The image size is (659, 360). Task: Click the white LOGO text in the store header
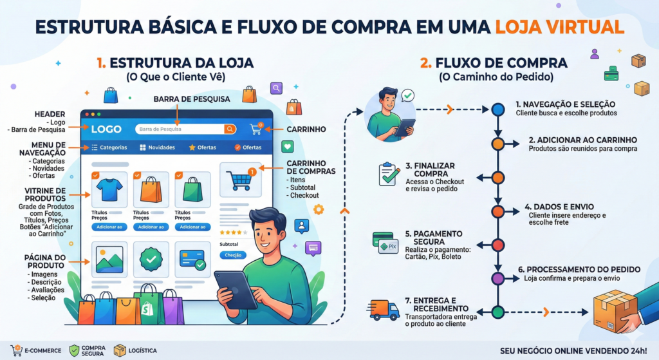pyautogui.click(x=106, y=129)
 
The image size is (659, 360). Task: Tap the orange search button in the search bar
pyautogui.click(x=230, y=129)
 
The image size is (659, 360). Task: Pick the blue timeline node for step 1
pyautogui.click(x=497, y=109)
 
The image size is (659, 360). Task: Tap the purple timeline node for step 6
pyautogui.click(x=497, y=278)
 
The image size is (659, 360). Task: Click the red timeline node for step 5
pyautogui.click(x=497, y=245)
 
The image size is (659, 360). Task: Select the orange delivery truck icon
pyautogui.click(x=385, y=310)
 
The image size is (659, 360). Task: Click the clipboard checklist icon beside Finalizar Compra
pyautogui.click(x=389, y=174)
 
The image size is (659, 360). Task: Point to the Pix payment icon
pyautogui.click(x=388, y=246)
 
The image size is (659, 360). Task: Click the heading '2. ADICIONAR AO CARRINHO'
pyautogui.click(x=582, y=140)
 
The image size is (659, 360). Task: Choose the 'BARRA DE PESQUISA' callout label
pyautogui.click(x=186, y=99)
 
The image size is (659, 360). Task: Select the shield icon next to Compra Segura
pyautogui.click(x=75, y=350)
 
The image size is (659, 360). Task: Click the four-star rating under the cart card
pyautogui.click(x=230, y=232)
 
